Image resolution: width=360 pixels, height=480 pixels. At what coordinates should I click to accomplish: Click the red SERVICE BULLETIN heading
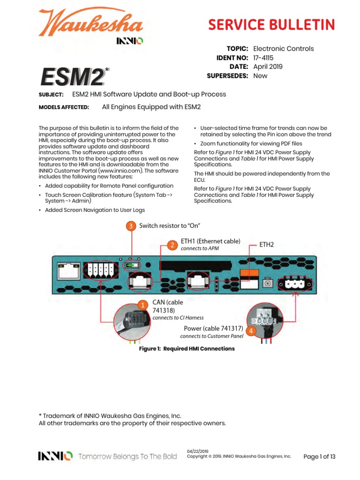click(x=272, y=24)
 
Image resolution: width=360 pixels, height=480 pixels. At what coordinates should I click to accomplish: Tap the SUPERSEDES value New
click(x=260, y=75)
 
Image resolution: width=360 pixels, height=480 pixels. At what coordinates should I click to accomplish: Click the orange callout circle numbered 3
click(x=131, y=226)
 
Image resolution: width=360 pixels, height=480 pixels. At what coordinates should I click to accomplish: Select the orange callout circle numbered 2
click(x=172, y=245)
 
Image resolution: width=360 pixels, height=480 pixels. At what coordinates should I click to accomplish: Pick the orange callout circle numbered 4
click(x=251, y=331)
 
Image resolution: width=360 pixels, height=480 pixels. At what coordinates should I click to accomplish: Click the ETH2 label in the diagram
click(x=267, y=244)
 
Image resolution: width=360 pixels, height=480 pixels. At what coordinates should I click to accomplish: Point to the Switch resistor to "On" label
click(x=170, y=226)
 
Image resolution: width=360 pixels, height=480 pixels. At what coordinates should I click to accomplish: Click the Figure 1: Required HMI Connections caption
click(x=186, y=349)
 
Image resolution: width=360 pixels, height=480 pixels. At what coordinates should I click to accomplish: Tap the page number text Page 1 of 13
click(x=319, y=456)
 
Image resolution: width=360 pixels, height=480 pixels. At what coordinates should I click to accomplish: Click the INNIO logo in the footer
click(x=55, y=456)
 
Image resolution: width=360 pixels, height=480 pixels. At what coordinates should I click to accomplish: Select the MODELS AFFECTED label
click(x=64, y=107)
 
